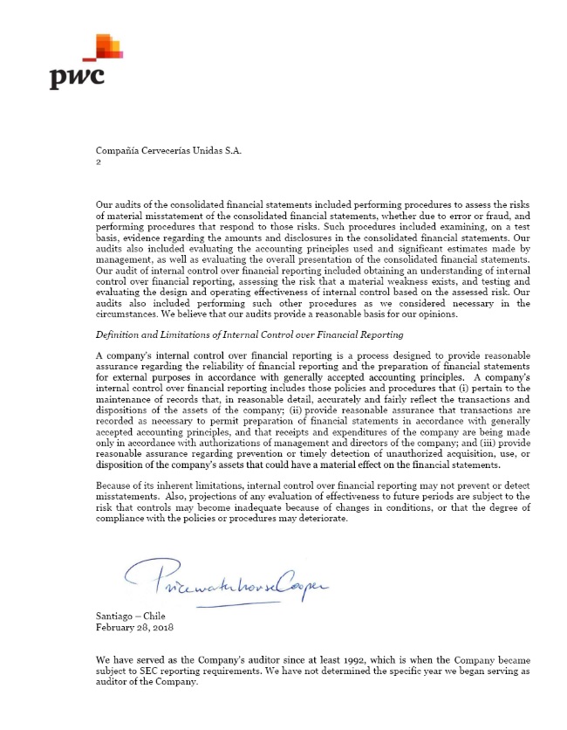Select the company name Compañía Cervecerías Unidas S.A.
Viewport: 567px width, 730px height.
coord(168,151)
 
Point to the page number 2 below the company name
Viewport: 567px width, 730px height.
coord(99,162)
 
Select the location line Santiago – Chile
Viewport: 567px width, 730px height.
coord(130,616)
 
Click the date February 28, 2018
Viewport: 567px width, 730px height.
coord(134,626)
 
